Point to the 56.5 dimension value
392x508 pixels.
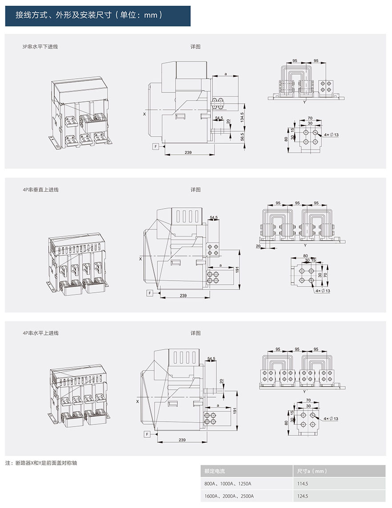(242, 137)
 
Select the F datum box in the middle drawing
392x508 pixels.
(150, 293)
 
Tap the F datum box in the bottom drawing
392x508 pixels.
(146, 434)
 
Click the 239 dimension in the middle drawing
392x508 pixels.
(183, 295)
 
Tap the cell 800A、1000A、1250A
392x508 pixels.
(228, 484)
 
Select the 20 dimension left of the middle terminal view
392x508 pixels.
(258, 246)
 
